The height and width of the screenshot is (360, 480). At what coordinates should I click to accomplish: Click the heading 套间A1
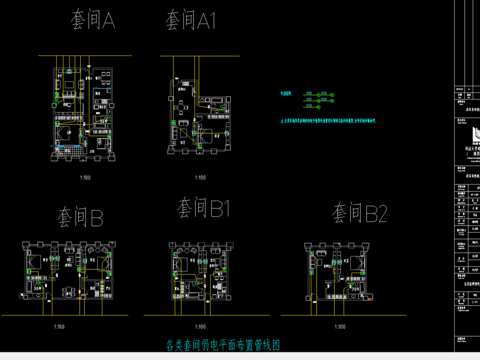point(189,20)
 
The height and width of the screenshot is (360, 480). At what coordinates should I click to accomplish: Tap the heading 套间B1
point(204,208)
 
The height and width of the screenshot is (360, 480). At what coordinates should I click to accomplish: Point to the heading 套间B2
point(358,213)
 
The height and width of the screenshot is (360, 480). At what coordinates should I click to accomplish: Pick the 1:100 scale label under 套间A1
point(199,178)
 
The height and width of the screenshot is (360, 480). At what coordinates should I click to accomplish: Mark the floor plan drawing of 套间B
point(67,272)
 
